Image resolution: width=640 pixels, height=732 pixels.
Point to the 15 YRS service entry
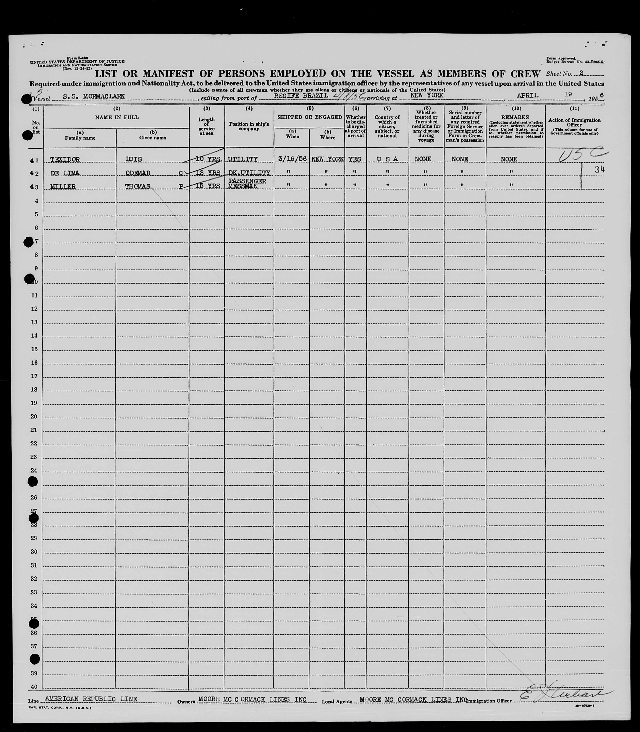pos(208,186)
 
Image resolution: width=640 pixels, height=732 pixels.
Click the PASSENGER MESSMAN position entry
pos(247,184)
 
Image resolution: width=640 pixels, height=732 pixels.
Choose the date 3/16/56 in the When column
pos(292,159)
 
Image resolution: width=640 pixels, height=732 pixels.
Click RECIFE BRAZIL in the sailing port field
pos(301,96)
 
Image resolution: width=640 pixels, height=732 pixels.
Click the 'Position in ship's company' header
pos(249,126)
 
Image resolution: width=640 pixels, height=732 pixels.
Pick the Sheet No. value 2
pos(581,73)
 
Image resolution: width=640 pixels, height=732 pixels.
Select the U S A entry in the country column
pos(387,159)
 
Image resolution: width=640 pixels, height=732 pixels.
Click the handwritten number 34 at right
pos(599,170)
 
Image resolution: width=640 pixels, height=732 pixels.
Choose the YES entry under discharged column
pos(355,159)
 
